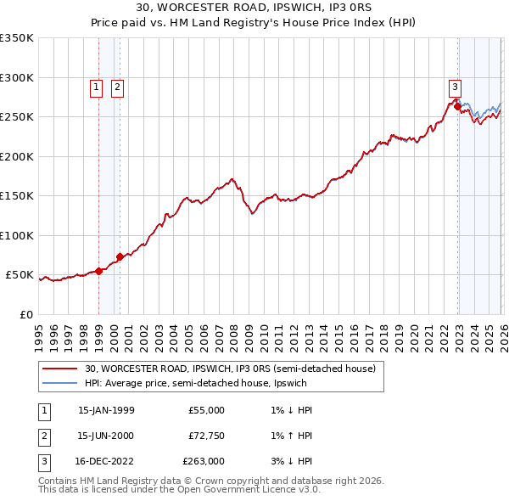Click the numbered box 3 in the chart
456,87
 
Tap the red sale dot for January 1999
99,271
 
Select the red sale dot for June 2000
120,256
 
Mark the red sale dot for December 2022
457,106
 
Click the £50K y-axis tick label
20,275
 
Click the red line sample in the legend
59,369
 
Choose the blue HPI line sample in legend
59,383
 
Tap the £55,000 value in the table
206,410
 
